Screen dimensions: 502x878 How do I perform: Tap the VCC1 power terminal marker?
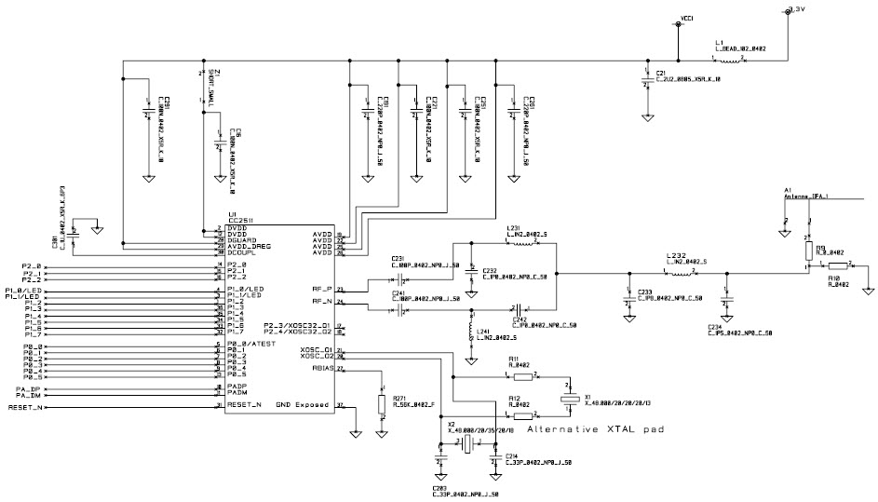(687, 18)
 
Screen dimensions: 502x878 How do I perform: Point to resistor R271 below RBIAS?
(381, 404)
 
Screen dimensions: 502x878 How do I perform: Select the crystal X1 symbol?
(567, 400)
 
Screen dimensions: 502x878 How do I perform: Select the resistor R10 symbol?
(833, 267)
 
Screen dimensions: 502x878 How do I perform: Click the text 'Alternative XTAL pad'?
(587, 431)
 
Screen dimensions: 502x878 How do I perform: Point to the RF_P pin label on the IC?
(322, 290)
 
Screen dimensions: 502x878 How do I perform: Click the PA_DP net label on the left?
(28, 386)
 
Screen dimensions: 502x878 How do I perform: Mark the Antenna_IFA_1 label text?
(807, 197)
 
